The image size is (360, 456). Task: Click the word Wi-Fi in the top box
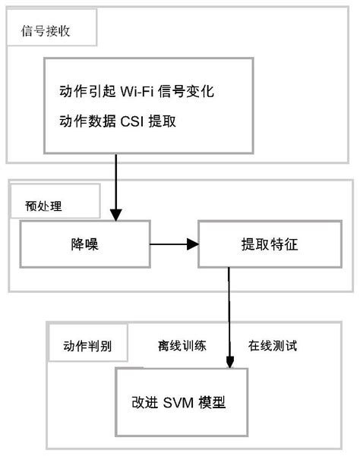[x=138, y=92]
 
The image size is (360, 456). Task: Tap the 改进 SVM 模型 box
[x=180, y=402]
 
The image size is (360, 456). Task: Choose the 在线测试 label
[x=272, y=346]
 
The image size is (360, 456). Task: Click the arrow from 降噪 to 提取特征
[x=173, y=244]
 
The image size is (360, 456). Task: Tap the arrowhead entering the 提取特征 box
[x=192, y=244]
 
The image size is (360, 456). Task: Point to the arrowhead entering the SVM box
[x=229, y=362]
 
